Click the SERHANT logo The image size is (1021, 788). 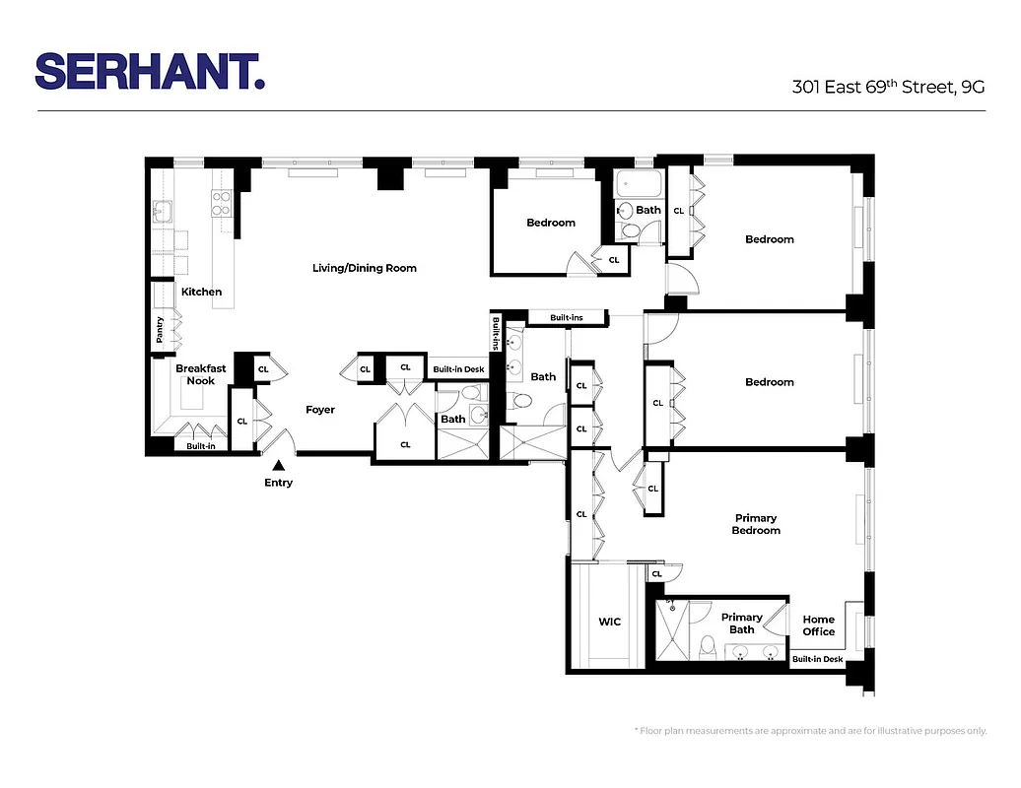150,72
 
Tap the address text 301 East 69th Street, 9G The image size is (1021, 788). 889,87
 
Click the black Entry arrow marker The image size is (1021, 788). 279,465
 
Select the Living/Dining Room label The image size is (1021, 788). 365,268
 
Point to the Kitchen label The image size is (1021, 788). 201,292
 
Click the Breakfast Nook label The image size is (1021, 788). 201,374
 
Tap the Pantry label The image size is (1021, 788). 160,330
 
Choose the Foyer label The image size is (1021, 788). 320,410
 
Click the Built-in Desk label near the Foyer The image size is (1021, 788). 458,369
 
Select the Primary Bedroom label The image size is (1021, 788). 756,524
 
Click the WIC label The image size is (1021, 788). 609,623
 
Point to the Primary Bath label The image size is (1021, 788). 742,624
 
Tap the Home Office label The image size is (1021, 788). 818,625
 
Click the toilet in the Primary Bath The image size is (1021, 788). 707,647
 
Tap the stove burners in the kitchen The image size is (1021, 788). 221,203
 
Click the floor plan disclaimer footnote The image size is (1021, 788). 809,731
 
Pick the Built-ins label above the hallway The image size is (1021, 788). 567,318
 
